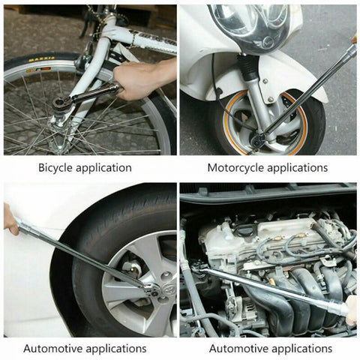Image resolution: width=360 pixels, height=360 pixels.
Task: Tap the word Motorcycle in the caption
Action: pyautogui.click(x=238, y=168)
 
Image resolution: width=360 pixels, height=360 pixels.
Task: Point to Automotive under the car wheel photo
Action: pyautogui.click(x=53, y=348)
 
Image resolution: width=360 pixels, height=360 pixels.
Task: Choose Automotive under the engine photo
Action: pyautogui.click(x=238, y=348)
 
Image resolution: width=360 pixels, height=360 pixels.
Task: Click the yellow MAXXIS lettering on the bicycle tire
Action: pyautogui.click(x=42, y=60)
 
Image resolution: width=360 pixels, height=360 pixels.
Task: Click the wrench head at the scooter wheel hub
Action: pyautogui.click(x=259, y=139)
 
